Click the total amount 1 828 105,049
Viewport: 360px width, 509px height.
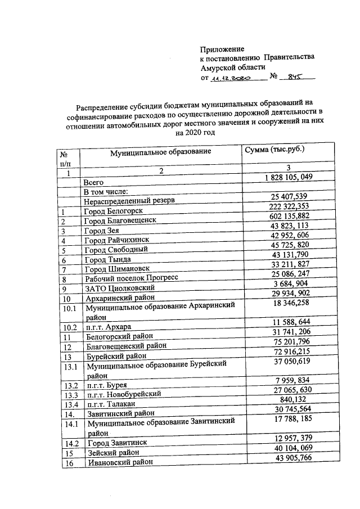pos(289,177)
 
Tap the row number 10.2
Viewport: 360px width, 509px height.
pos(70,327)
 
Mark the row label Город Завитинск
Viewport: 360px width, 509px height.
pos(115,443)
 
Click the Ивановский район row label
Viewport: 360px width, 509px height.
pos(119,462)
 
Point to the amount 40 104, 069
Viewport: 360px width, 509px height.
pos(290,447)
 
